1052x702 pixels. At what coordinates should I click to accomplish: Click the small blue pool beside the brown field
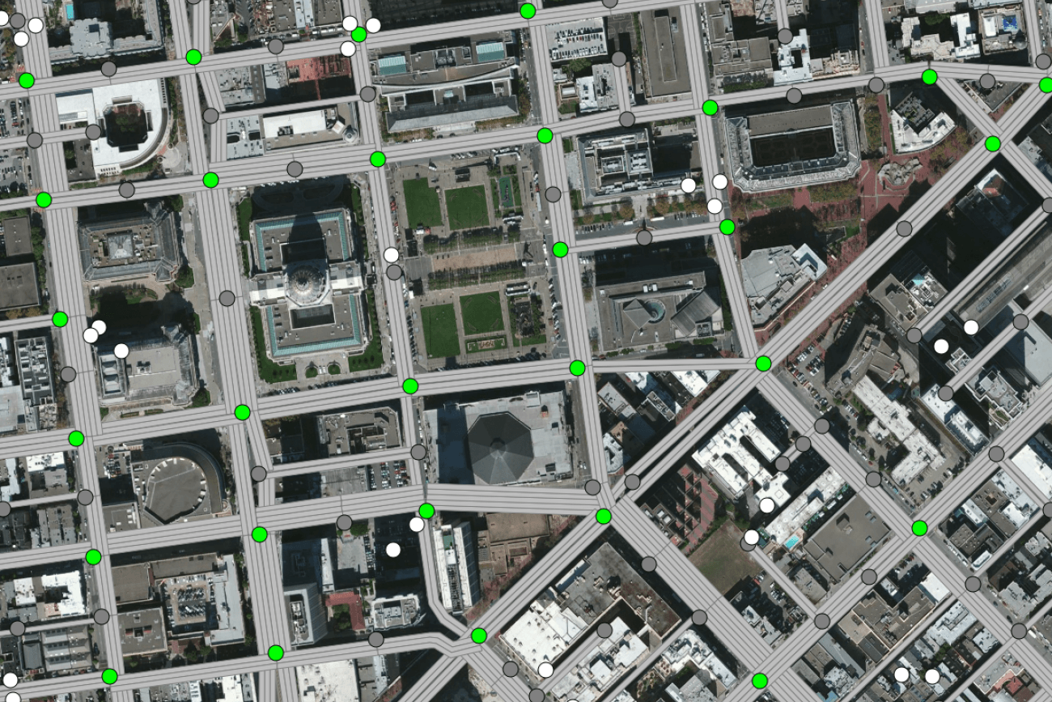(x=791, y=540)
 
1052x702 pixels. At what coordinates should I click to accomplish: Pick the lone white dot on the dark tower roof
(x=393, y=550)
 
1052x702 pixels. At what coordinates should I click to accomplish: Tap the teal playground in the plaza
(x=507, y=192)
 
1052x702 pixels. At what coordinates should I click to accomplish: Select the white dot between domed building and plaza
(x=391, y=255)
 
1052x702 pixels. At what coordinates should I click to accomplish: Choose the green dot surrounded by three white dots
(x=358, y=34)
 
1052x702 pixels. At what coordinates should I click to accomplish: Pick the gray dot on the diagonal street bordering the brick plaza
(x=904, y=228)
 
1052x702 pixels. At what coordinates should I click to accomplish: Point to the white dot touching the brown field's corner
(x=752, y=537)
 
